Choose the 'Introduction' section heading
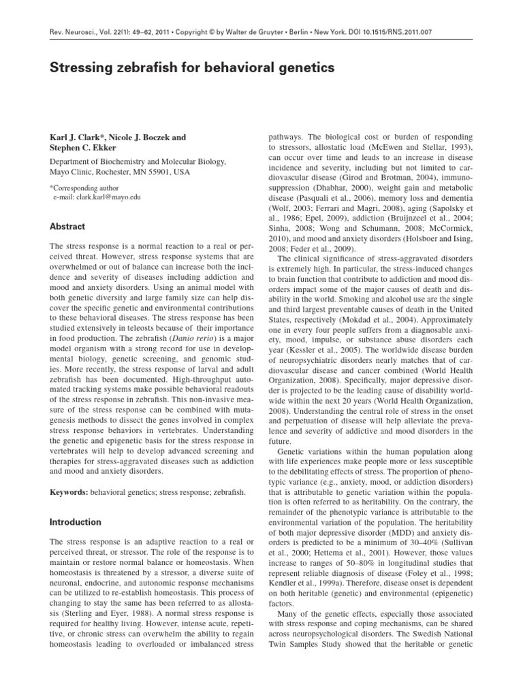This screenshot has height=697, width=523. click(x=76, y=522)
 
